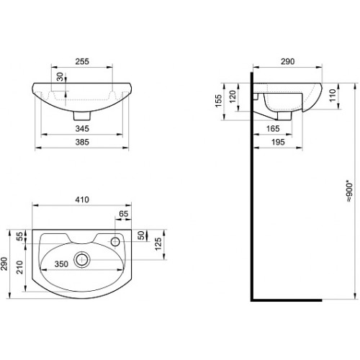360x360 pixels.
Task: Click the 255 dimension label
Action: point(82,61)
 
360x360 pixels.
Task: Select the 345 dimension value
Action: point(82,129)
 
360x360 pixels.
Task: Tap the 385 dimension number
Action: point(82,142)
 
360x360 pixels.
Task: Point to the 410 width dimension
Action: point(82,199)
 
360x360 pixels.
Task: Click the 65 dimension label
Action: point(124,214)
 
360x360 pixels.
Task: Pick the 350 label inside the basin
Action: point(61,264)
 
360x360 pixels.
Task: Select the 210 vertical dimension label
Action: point(19,267)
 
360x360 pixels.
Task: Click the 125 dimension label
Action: point(158,244)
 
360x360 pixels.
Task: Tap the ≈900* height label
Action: point(350,192)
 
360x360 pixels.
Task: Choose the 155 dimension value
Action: point(219,101)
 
